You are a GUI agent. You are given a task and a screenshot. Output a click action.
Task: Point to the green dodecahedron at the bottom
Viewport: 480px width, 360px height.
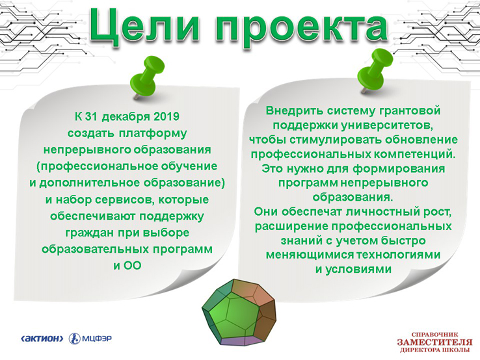[x=239, y=313]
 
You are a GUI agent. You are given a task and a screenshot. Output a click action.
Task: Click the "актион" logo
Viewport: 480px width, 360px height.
[x=42, y=339]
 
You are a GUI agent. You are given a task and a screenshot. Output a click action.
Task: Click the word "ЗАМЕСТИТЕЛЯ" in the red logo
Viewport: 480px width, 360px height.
[x=434, y=342]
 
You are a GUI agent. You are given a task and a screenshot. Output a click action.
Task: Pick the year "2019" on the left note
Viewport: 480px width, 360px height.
[x=167, y=116]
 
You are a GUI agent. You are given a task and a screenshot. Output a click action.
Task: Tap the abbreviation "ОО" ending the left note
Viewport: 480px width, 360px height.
[x=132, y=266]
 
